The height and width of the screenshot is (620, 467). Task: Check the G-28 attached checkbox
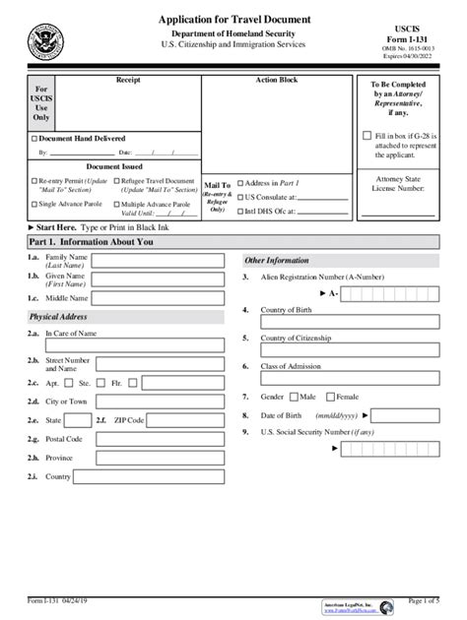(x=367, y=135)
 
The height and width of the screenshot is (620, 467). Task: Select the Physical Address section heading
(x=59, y=317)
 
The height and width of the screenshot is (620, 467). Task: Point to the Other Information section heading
(x=277, y=260)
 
